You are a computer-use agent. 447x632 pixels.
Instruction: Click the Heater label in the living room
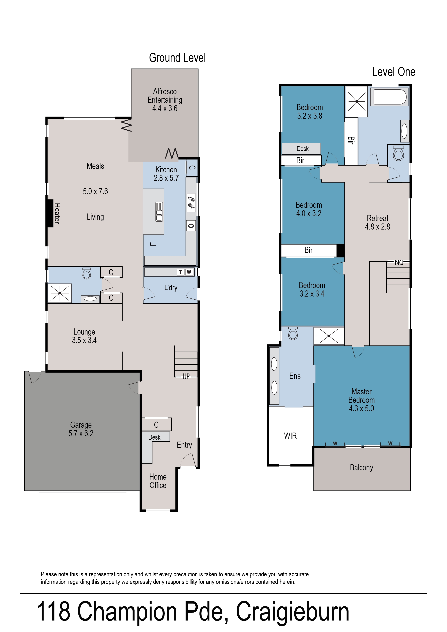click(57, 213)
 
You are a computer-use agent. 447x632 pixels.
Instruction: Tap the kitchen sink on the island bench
click(159, 212)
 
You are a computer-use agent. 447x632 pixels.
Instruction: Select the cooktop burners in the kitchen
click(191, 202)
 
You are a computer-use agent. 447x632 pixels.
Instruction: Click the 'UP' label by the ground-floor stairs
click(186, 376)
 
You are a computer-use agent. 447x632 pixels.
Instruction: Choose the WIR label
click(290, 436)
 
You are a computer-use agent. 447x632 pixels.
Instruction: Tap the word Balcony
click(361, 468)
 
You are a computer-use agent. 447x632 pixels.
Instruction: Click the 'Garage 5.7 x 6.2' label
click(81, 429)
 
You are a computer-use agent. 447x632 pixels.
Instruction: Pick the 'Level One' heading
click(394, 72)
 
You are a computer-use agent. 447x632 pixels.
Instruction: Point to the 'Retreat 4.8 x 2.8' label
click(377, 222)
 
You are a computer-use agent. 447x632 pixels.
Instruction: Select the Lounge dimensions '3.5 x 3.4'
click(84, 340)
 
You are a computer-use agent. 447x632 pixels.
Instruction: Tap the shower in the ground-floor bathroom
click(60, 293)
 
